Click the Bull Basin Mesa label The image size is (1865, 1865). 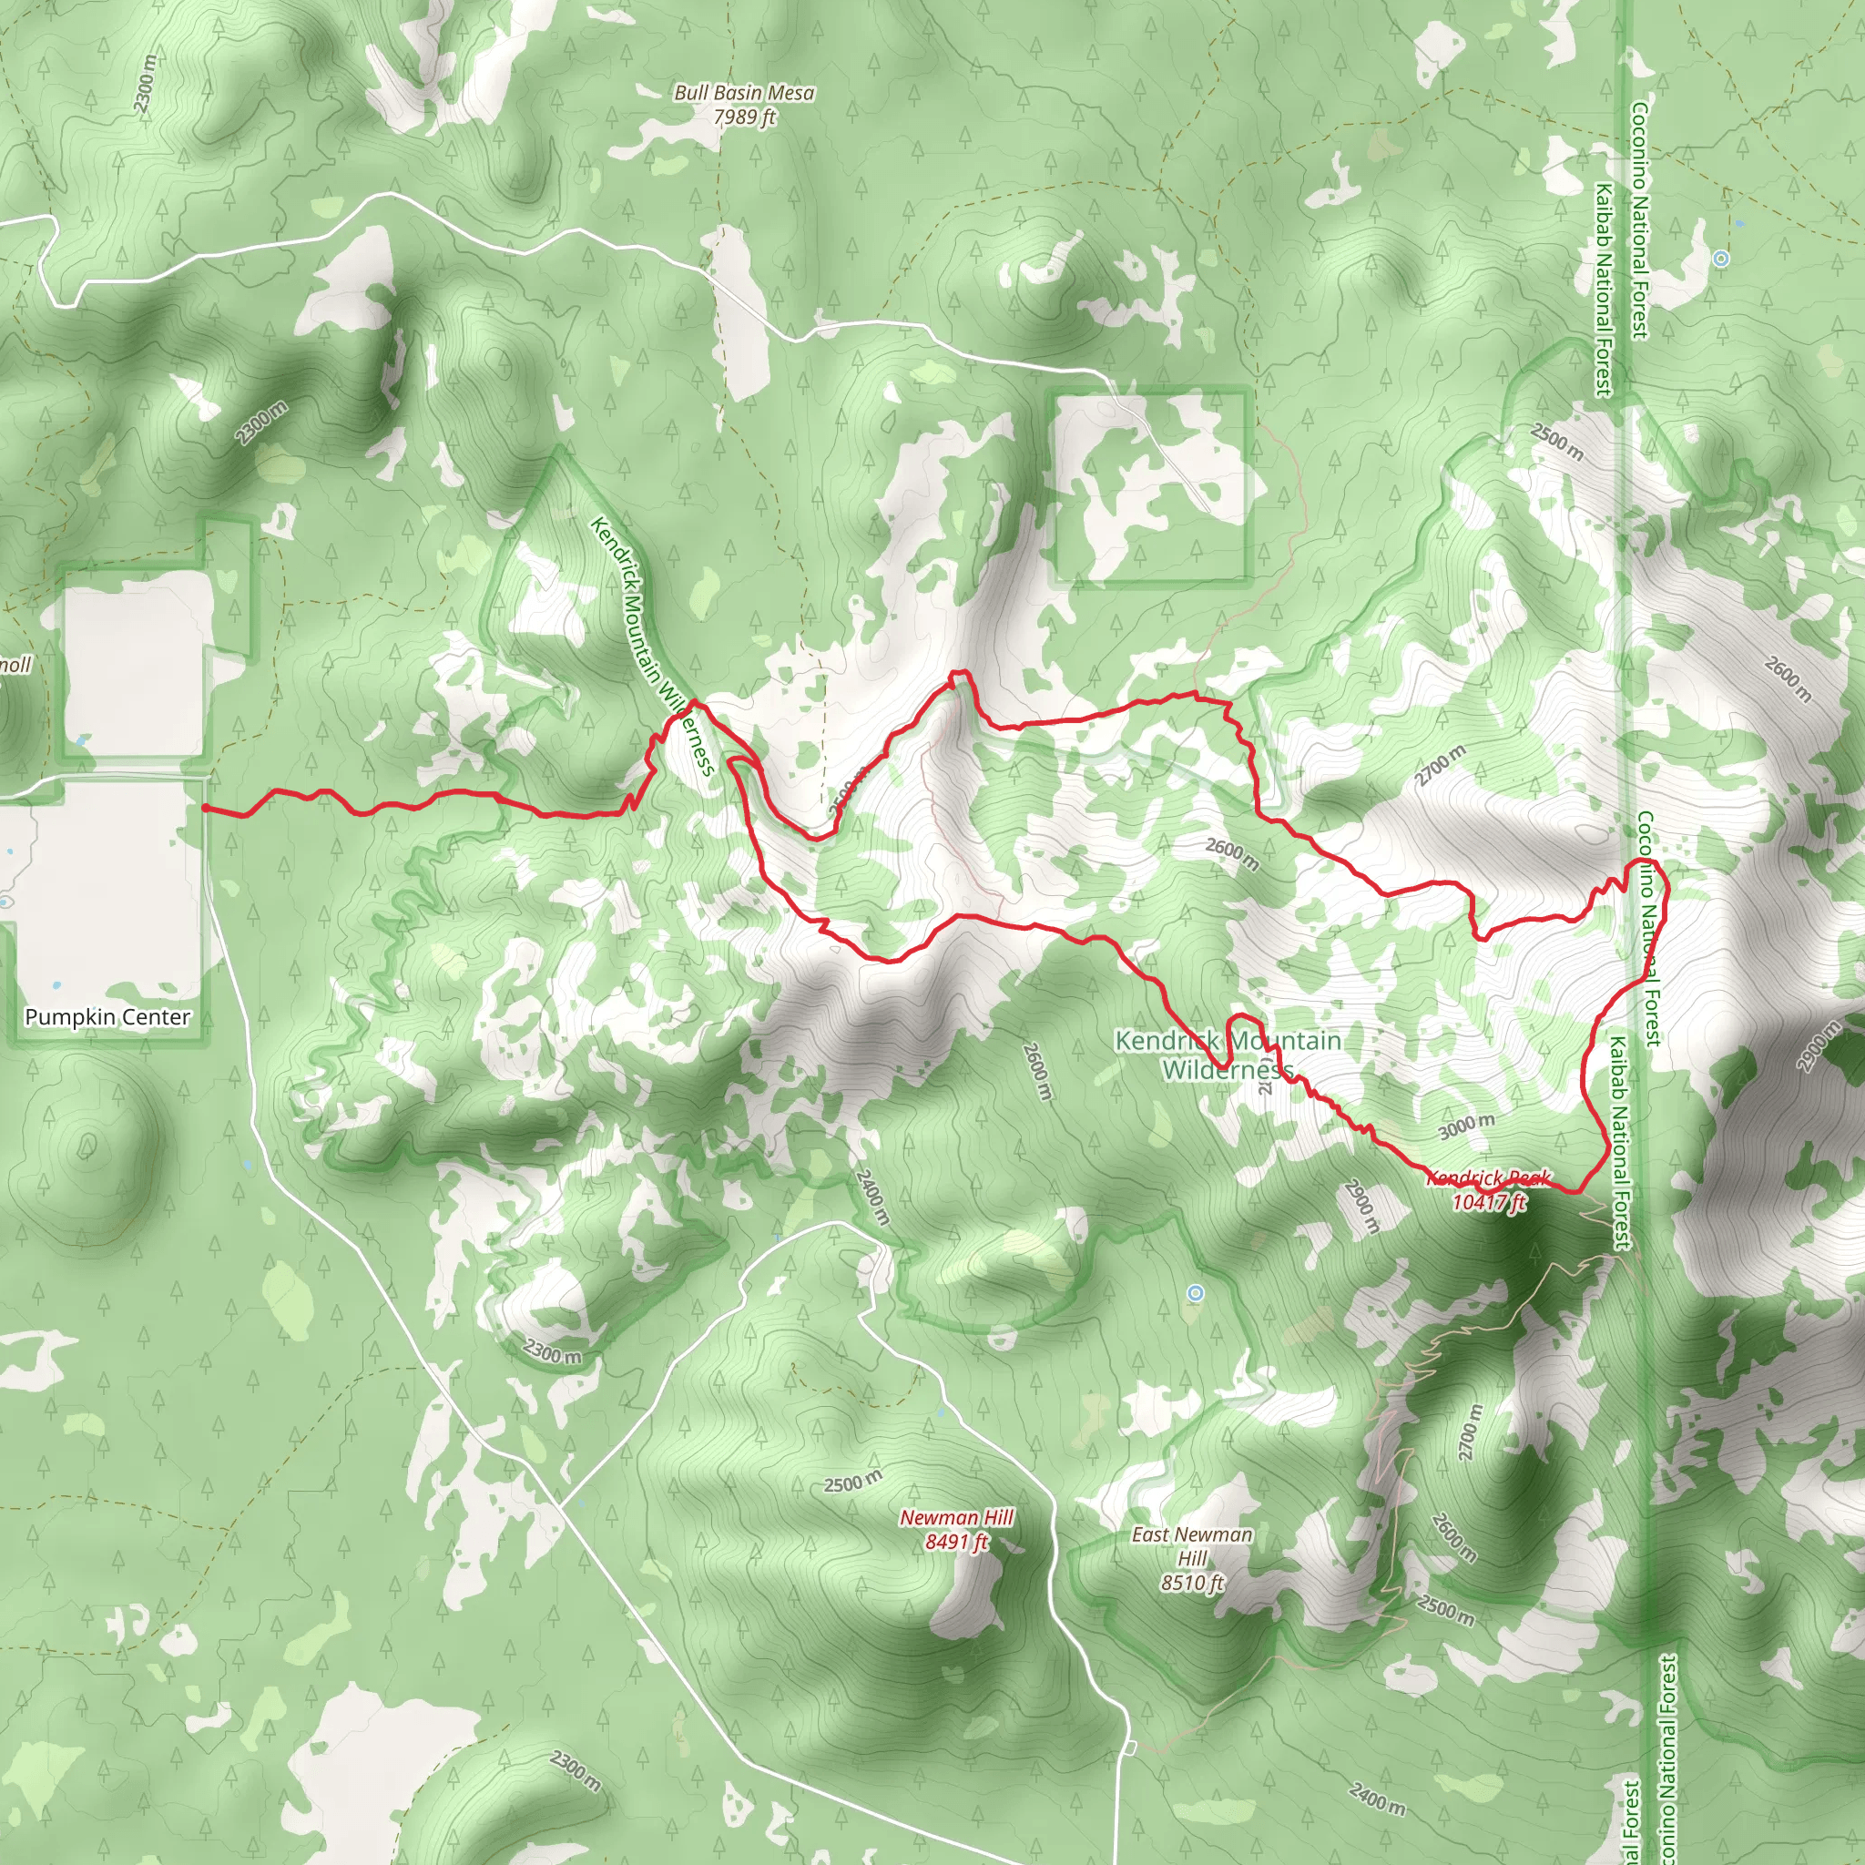click(743, 94)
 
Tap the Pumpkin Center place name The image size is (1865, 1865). click(107, 1017)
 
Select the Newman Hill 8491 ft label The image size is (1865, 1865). click(957, 1529)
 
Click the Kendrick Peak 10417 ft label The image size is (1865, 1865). click(1489, 1189)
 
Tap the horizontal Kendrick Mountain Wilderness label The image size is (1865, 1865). click(1227, 1055)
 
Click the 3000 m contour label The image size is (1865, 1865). click(1466, 1126)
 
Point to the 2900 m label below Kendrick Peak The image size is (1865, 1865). click(1362, 1207)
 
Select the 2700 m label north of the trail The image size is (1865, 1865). click(1441, 766)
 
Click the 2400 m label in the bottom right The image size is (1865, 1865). click(1378, 1798)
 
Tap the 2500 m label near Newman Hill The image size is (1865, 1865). click(852, 1482)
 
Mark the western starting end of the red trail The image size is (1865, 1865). click(206, 807)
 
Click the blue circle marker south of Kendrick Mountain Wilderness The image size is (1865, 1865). click(1196, 1292)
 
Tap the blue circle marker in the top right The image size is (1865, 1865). click(1720, 259)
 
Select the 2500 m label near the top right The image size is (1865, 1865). click(1557, 441)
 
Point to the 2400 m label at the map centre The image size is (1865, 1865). click(871, 1197)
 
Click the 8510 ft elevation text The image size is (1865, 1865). click(1192, 1583)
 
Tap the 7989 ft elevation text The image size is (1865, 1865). click(744, 117)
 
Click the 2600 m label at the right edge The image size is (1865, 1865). click(1788, 678)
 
